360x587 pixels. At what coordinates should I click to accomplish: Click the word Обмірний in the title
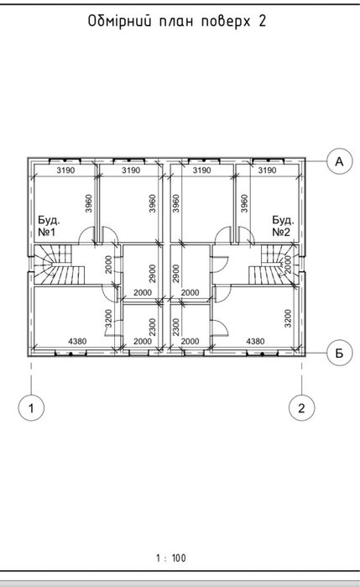[x=120, y=21]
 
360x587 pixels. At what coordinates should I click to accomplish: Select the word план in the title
[x=176, y=22]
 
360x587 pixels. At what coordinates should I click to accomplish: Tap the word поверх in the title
[x=226, y=22]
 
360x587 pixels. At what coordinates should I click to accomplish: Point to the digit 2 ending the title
[x=263, y=21]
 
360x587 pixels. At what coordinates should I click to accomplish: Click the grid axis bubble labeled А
[x=339, y=161]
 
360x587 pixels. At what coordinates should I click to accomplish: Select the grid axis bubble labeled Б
[x=339, y=353]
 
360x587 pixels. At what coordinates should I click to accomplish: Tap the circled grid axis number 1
[x=31, y=407]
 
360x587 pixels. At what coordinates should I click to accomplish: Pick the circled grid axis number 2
[x=301, y=407]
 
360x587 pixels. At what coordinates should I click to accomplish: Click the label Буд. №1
[x=49, y=226]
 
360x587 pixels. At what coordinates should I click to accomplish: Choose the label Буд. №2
[x=284, y=226]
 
